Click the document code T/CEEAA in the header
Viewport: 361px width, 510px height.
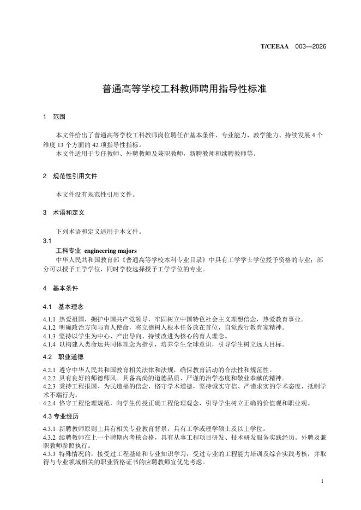[x=275, y=47]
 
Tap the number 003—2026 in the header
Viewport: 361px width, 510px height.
[x=310, y=47]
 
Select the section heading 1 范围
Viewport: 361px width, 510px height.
[x=55, y=117]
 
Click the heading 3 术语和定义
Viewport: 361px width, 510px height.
[x=64, y=212]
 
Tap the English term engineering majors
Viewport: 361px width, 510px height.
[x=113, y=250]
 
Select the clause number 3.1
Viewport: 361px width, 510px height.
[x=47, y=240]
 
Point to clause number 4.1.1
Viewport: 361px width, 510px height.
[x=50, y=319]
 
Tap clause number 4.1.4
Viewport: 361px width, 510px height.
[x=50, y=344]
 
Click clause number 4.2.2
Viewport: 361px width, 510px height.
[x=50, y=378]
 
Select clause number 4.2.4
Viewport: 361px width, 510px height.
[x=50, y=403]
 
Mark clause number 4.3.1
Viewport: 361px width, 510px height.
[x=50, y=429]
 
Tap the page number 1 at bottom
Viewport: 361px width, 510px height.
[x=323, y=481]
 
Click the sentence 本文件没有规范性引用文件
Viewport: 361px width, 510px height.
[x=96, y=194]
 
